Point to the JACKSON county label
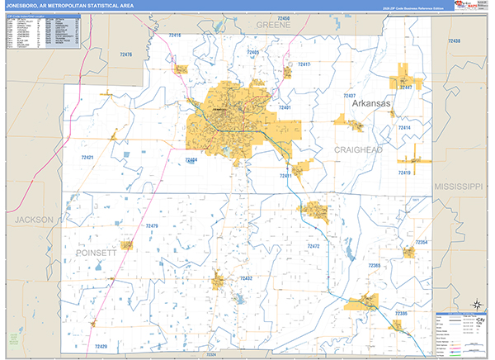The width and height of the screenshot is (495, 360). (33, 220)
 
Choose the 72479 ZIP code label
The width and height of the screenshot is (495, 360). (153, 225)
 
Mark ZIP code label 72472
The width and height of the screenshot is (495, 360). (313, 246)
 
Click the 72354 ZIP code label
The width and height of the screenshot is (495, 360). (421, 242)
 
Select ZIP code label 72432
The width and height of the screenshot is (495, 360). (246, 279)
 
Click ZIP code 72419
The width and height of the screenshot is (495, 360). (404, 173)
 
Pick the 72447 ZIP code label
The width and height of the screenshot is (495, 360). (405, 87)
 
